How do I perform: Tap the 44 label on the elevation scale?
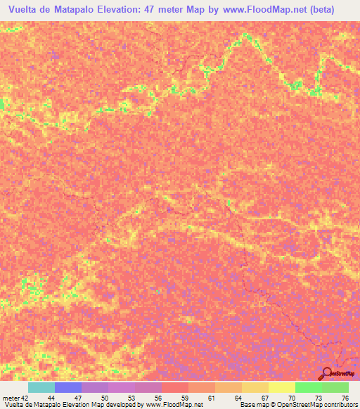coord(51,397)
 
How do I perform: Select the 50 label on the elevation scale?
coord(105,397)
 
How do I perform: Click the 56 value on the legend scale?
coord(157,397)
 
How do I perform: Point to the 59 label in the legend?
coord(184,397)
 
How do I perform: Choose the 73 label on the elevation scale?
coord(319,397)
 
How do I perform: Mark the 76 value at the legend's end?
coord(345,397)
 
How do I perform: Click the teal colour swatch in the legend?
coord(41,387)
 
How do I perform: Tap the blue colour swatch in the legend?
coord(68,387)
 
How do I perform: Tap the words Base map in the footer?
coord(254,405)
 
